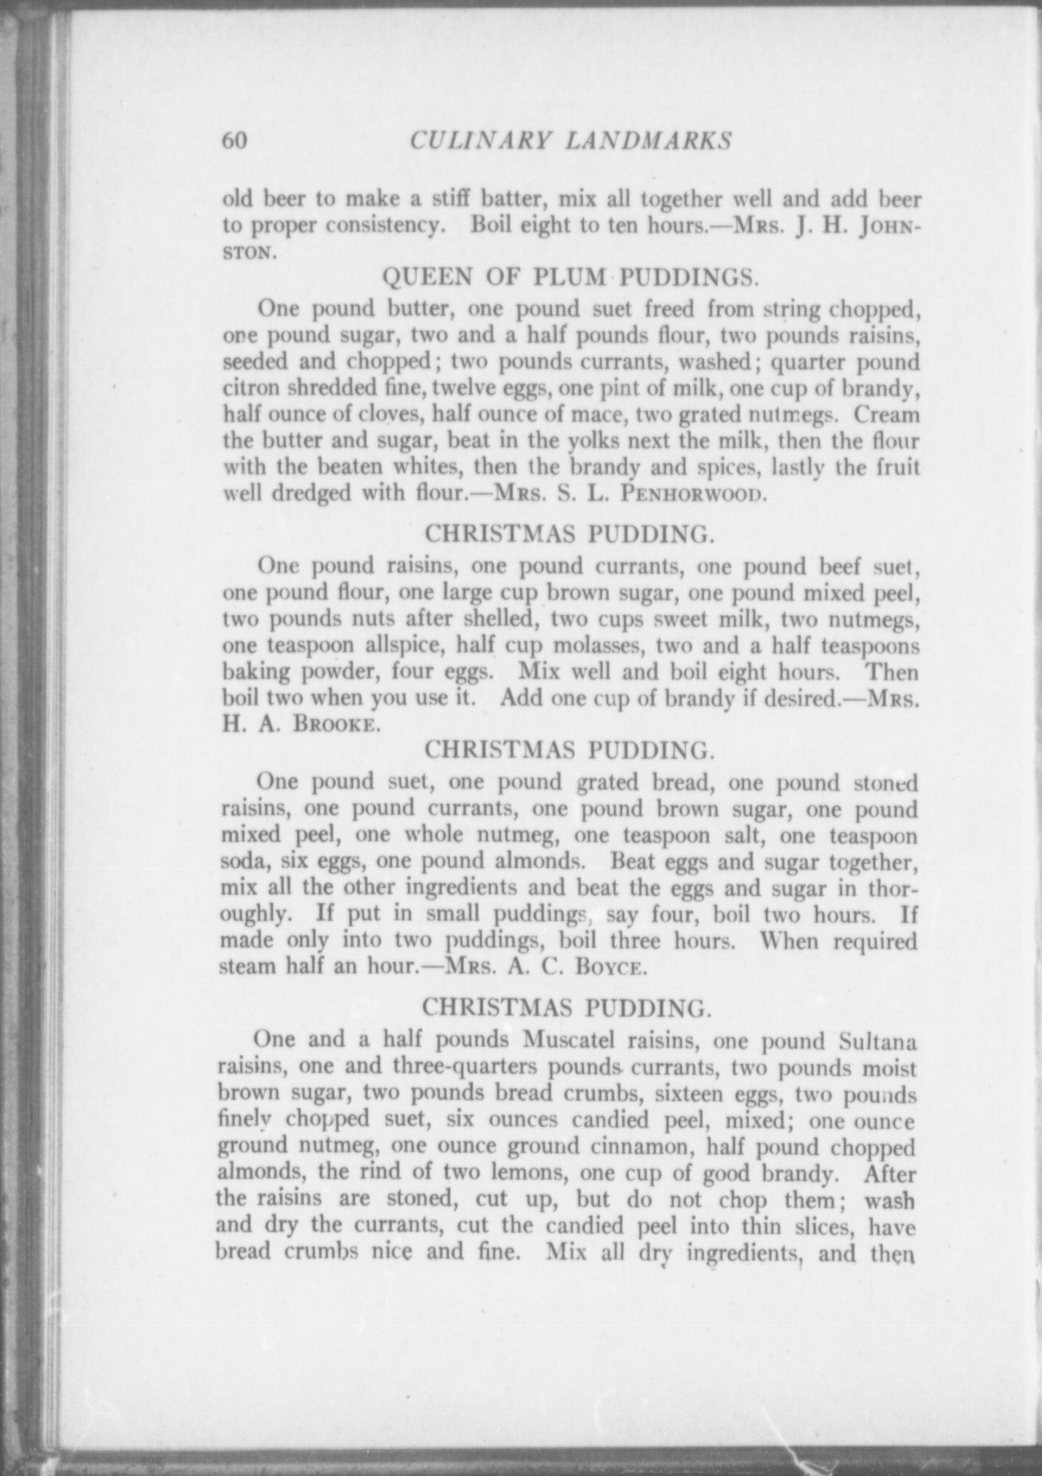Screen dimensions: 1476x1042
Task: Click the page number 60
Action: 236,140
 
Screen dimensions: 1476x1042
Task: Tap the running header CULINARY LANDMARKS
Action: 571,140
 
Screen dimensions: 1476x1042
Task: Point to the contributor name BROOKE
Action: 337,724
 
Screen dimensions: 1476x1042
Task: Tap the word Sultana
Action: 876,1040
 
